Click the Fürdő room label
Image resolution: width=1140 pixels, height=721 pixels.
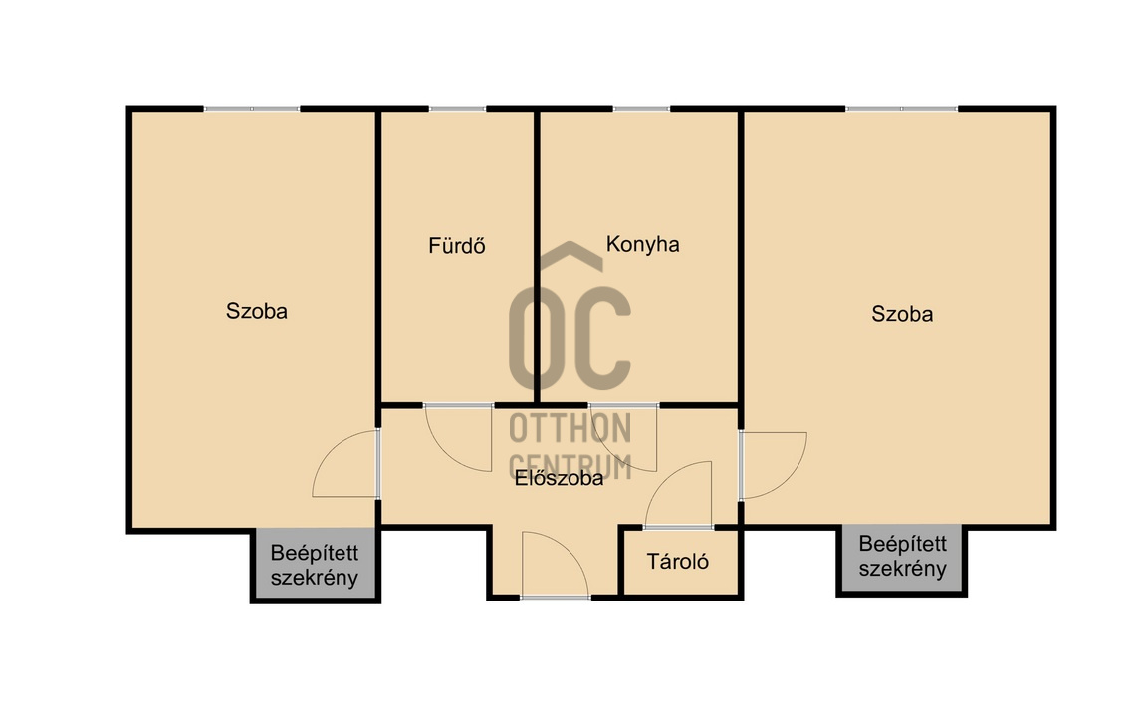pyautogui.click(x=457, y=245)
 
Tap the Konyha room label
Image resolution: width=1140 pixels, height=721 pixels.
pyautogui.click(x=643, y=244)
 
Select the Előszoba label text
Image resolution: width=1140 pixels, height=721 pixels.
pyautogui.click(x=560, y=478)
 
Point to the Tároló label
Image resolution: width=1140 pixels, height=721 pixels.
pyautogui.click(x=678, y=561)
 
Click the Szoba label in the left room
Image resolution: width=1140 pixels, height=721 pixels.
pyautogui.click(x=257, y=311)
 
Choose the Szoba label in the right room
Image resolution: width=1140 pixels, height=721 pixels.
pyautogui.click(x=902, y=314)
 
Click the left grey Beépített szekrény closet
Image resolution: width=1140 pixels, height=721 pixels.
pyautogui.click(x=316, y=565)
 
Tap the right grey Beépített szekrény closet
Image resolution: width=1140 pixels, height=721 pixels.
pyautogui.click(x=901, y=558)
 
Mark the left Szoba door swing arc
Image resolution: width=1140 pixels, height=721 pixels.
pyautogui.click(x=331, y=447)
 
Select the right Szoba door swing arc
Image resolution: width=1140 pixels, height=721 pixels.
pyautogui.click(x=789, y=480)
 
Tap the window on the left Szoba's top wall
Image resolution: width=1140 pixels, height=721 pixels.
pyautogui.click(x=252, y=109)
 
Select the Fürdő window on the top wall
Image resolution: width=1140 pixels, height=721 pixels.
pyautogui.click(x=457, y=109)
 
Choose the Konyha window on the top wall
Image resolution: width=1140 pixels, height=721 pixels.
pyautogui.click(x=641, y=109)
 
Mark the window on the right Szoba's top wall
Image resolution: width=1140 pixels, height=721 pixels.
pyautogui.click(x=901, y=109)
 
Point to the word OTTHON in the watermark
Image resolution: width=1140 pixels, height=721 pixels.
pyautogui.click(x=570, y=428)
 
